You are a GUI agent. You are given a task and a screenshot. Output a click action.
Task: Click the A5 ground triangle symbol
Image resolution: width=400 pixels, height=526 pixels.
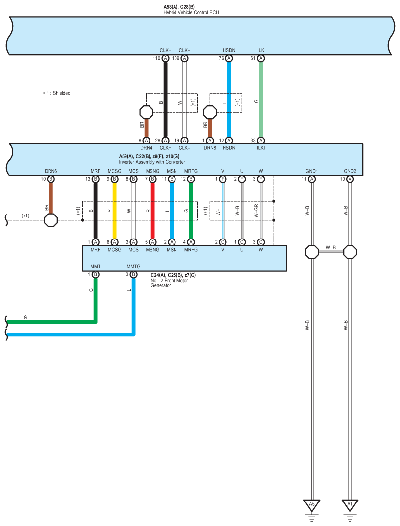pyautogui.click(x=312, y=504)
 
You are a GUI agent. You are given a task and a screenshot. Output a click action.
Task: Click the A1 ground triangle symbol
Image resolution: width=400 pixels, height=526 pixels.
pyautogui.click(x=350, y=504)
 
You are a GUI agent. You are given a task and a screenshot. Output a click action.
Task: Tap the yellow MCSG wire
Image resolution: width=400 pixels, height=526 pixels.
pyautogui.click(x=114, y=211)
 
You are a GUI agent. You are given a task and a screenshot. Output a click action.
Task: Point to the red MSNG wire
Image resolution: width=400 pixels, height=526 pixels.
pyautogui.click(x=152, y=211)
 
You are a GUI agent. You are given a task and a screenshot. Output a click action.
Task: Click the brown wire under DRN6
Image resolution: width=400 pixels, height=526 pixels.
pyautogui.click(x=51, y=196)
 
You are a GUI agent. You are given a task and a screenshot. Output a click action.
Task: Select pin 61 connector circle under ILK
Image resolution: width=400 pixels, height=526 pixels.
pyautogui.click(x=261, y=58)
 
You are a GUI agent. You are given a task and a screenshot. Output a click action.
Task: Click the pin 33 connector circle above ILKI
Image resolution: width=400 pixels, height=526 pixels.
pyautogui.click(x=261, y=140)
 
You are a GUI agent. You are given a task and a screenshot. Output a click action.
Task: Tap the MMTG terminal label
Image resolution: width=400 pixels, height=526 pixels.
pyautogui.click(x=133, y=267)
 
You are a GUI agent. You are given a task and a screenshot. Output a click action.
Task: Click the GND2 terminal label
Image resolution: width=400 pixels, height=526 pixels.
pyautogui.click(x=350, y=171)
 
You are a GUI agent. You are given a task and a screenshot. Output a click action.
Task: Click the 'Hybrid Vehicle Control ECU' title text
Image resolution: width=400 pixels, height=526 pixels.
pyautogui.click(x=191, y=12)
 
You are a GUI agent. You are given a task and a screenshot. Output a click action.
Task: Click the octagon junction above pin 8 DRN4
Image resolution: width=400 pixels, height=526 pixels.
pyautogui.click(x=146, y=112)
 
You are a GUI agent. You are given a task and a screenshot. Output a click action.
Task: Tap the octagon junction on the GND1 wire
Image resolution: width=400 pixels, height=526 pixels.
pyautogui.click(x=312, y=252)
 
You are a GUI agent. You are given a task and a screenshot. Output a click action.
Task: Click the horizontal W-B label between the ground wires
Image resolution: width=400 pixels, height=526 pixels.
pyautogui.click(x=331, y=247)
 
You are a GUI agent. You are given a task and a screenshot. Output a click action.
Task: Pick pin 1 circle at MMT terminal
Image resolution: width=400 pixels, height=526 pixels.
pyautogui.click(x=95, y=274)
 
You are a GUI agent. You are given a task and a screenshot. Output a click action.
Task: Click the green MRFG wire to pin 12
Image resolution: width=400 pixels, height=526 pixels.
pyautogui.click(x=191, y=211)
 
